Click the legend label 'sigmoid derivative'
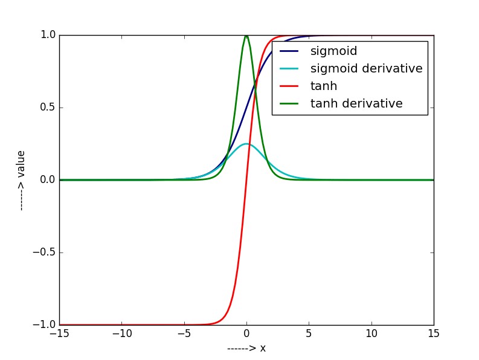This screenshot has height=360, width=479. point(366,68)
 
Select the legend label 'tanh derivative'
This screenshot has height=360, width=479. point(356,103)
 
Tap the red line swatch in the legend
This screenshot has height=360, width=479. point(289,86)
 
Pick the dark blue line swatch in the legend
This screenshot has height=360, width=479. point(289,51)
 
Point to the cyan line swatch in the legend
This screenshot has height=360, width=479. point(289,68)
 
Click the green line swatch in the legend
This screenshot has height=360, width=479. point(289,103)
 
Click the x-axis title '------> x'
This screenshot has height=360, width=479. point(246,349)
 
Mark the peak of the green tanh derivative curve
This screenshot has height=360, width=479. point(246,36)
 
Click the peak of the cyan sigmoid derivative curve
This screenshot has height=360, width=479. point(246,144)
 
